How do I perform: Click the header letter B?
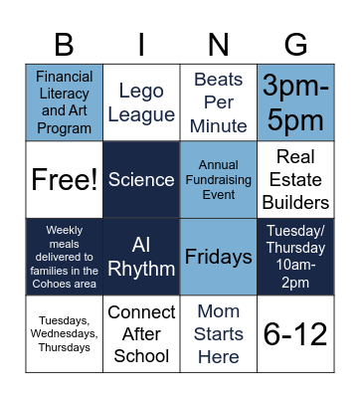point(65,45)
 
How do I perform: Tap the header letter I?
point(141,45)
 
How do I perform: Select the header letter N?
point(219,45)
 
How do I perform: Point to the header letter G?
point(295,45)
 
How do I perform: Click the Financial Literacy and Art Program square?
point(65,102)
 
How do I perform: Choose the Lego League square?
point(141,102)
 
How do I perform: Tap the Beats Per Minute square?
point(219,102)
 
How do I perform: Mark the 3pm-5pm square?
point(295,102)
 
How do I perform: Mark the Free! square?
point(65,179)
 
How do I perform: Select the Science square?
point(141,179)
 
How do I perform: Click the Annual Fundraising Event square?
point(219,179)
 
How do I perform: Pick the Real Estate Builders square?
point(295,179)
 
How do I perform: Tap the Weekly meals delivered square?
point(65,257)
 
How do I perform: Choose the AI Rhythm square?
point(141,257)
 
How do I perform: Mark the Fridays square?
point(219,257)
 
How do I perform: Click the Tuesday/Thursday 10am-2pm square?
point(295,257)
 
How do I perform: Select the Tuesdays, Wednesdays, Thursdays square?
point(65,333)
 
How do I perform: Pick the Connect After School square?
point(141,333)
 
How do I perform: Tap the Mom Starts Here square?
point(219,333)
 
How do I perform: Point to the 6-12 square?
point(295,333)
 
